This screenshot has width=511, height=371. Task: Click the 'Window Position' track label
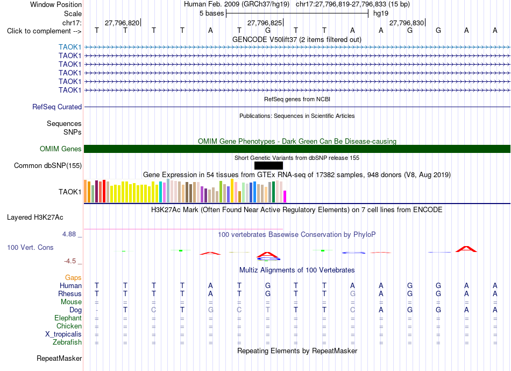[56, 4]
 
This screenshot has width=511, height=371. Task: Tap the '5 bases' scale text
[212, 13]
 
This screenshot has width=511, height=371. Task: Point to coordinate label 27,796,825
[265, 23]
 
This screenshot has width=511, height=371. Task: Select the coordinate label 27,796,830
[407, 23]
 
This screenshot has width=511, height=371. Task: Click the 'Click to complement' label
[39, 31]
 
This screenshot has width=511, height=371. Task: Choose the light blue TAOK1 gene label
[70, 47]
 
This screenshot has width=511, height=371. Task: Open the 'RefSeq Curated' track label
[57, 107]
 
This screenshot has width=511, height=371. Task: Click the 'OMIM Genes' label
[61, 149]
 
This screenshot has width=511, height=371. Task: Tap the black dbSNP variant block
[268, 165]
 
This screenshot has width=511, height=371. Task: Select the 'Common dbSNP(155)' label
[48, 165]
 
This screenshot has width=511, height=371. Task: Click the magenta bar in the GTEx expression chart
[285, 197]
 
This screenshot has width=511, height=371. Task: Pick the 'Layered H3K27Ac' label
[35, 218]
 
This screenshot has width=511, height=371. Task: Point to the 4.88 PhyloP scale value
[69, 234]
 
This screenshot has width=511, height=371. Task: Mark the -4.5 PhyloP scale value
[70, 261]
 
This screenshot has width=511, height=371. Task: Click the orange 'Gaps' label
[73, 278]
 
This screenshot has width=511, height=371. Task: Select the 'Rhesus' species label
[70, 293]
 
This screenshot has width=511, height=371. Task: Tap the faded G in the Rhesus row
[353, 293]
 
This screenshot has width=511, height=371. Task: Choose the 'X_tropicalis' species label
[63, 334]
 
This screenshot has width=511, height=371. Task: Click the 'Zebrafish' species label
[67, 342]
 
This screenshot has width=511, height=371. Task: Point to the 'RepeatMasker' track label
[59, 358]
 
